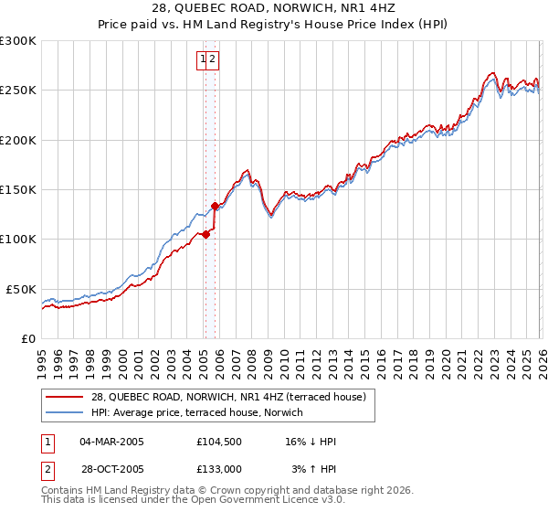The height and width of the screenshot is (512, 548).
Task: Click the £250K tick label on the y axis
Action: coord(18,91)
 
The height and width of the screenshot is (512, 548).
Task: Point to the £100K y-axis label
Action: coord(18,239)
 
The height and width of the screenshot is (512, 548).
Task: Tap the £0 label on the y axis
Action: coord(28,338)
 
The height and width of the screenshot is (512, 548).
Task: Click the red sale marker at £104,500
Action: coord(205,234)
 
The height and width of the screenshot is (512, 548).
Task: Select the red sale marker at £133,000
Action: coord(216,206)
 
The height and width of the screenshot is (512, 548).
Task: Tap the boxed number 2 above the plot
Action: coord(212,59)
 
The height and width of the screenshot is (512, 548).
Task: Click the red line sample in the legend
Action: coord(67,397)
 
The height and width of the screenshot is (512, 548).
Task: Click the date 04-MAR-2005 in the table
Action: coord(111,442)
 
